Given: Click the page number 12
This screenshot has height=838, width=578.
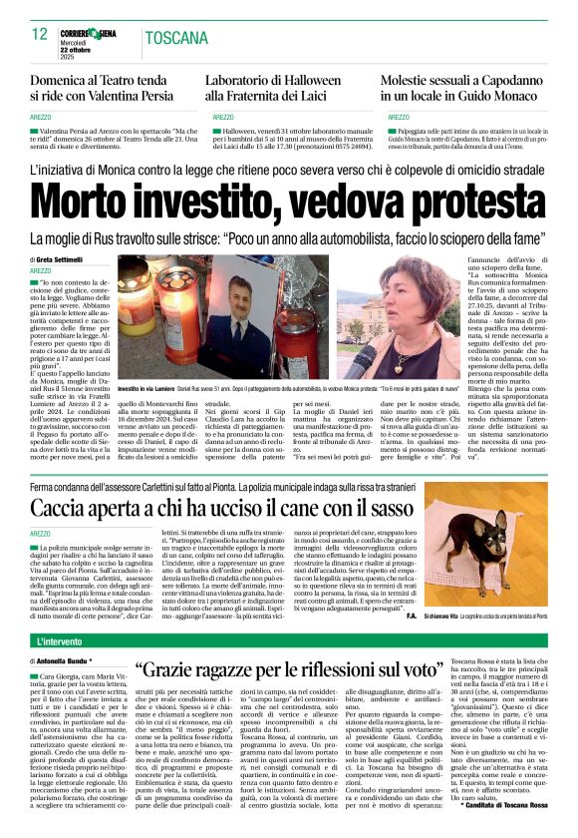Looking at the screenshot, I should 39,34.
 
